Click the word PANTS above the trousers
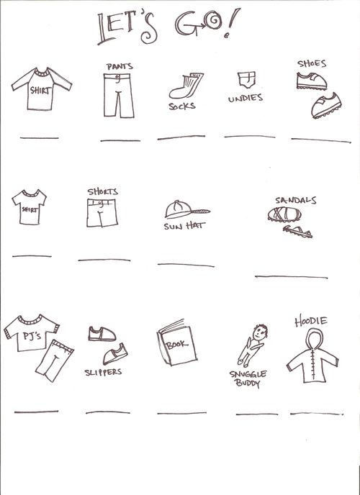coord(120,66)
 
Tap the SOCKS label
coord(182,106)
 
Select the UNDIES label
coord(246,98)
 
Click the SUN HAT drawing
coord(187,209)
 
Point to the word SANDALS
coord(295,201)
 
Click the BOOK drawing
coord(177,343)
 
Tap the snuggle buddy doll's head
coord(260,332)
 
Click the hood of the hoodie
coord(315,339)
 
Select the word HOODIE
coord(311,322)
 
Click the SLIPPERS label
coord(103,372)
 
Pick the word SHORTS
coord(103,191)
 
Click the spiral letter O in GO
coord(212,21)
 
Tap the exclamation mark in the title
coord(232,23)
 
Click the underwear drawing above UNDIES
coord(246,80)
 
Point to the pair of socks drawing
coord(186,85)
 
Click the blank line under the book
coord(181,413)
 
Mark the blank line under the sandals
coord(291,277)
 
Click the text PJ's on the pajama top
coord(32,336)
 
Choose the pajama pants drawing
coord(54,360)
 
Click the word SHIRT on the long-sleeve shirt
coord(40,91)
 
